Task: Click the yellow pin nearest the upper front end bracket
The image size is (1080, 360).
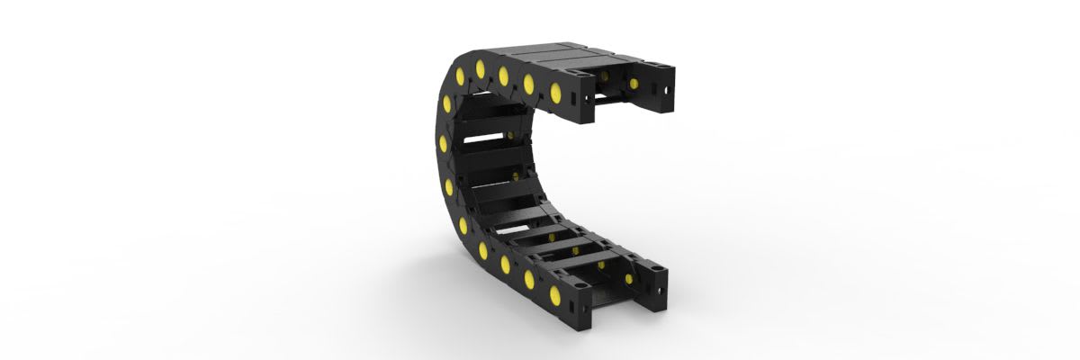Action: pyautogui.click(x=555, y=92)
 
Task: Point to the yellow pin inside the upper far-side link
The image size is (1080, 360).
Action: pyautogui.click(x=634, y=84)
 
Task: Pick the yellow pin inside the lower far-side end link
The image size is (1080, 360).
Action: pyautogui.click(x=625, y=281)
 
